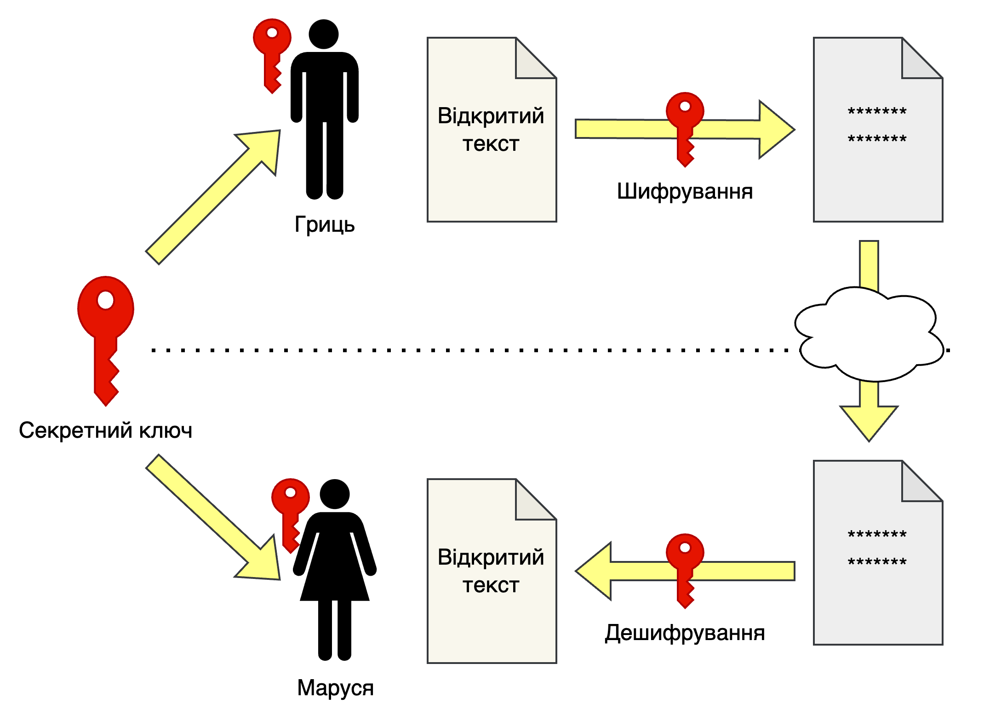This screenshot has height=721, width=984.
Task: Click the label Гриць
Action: click(x=325, y=225)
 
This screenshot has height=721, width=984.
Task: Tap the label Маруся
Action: click(x=335, y=688)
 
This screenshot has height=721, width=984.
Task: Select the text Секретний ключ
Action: click(x=105, y=430)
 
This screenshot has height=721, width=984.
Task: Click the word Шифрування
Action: click(x=685, y=191)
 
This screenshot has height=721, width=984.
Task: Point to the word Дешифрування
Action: click(x=685, y=633)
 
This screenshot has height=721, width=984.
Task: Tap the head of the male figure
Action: click(x=324, y=34)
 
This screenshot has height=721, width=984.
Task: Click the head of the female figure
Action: click(x=335, y=494)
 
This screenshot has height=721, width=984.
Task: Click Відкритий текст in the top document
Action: click(x=491, y=129)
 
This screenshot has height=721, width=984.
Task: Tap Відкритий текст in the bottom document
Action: click(x=491, y=571)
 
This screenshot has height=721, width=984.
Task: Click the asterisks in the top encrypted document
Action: click(x=877, y=125)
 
